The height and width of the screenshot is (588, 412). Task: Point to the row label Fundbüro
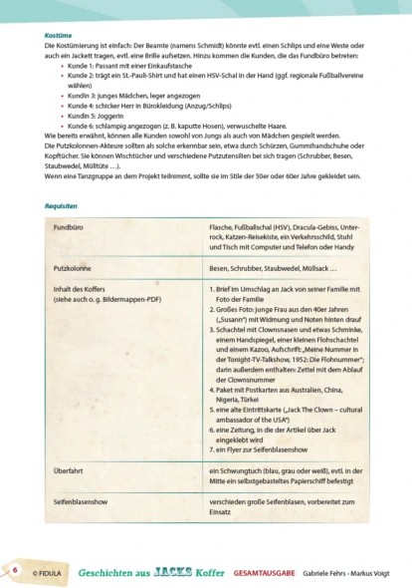(x=68, y=229)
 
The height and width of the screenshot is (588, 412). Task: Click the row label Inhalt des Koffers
(x=81, y=289)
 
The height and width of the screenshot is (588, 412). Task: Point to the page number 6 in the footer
(x=15, y=569)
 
